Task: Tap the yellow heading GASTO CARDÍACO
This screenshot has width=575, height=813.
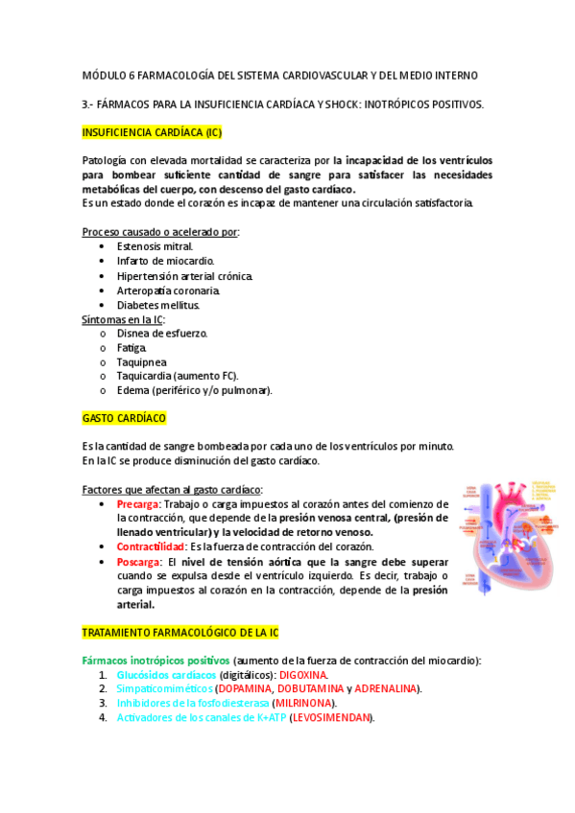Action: (x=124, y=419)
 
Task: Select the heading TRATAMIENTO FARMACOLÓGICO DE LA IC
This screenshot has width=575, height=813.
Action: (x=180, y=633)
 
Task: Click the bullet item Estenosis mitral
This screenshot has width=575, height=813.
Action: (x=155, y=246)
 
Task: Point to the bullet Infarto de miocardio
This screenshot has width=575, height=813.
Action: (x=165, y=261)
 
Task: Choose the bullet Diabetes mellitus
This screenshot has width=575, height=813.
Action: (x=158, y=305)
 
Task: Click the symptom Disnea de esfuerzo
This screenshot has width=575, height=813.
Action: (x=161, y=334)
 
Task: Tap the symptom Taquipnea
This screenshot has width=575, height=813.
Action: (x=141, y=362)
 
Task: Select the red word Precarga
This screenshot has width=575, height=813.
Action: (x=137, y=504)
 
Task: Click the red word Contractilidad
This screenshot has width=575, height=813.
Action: (x=150, y=546)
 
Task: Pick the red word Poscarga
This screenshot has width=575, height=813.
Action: (x=138, y=561)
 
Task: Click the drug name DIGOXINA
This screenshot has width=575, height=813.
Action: (x=302, y=675)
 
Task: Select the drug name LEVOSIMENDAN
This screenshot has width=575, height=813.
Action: (x=330, y=718)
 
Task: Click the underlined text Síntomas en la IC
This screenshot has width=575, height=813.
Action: (x=123, y=319)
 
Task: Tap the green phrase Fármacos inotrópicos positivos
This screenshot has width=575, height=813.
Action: (x=156, y=661)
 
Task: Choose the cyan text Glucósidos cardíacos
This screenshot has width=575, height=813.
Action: (x=165, y=675)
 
